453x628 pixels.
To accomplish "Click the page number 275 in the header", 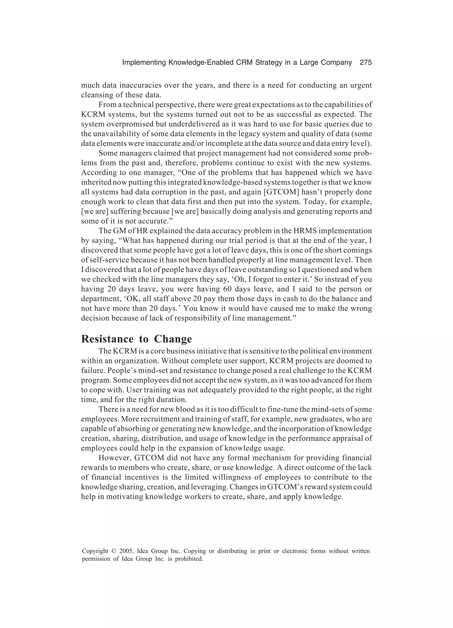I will (x=366, y=63).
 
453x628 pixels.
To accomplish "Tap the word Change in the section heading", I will (x=173, y=339).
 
